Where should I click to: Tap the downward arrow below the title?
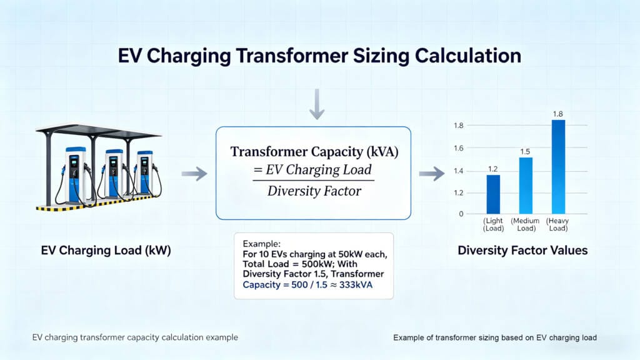tap(317, 104)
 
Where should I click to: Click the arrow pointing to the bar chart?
tap(431, 174)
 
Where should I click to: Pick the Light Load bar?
tap(493, 194)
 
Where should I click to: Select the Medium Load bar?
tap(526, 185)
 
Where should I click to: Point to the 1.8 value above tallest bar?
tap(559, 114)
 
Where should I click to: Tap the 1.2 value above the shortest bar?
tap(494, 169)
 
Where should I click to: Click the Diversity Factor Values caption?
tap(522, 251)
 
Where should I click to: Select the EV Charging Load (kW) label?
tap(106, 251)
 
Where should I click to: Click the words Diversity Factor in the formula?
tap(314, 191)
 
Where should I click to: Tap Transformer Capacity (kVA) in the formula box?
tap(314, 151)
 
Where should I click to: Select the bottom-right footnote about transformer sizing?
tap(495, 337)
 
